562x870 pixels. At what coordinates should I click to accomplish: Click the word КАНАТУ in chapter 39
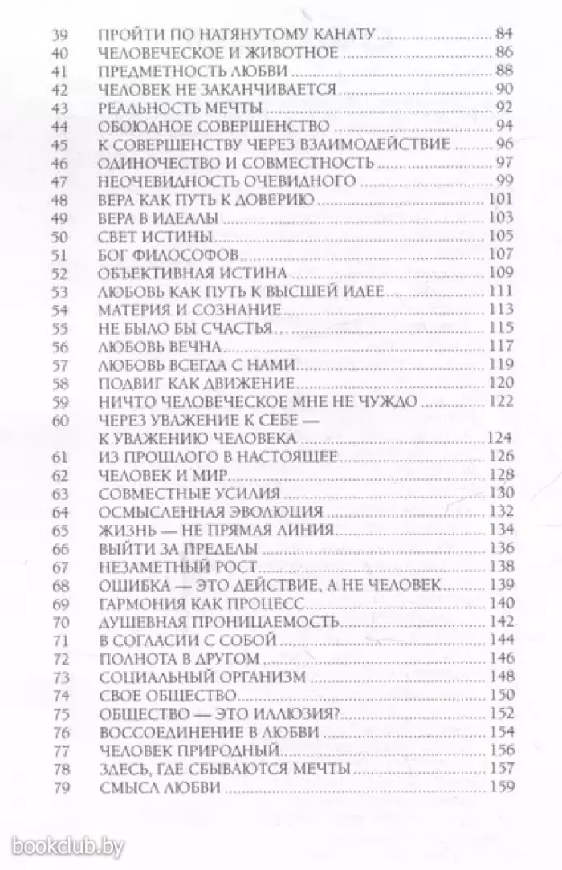point(340,36)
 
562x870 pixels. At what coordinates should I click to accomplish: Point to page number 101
point(499,199)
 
